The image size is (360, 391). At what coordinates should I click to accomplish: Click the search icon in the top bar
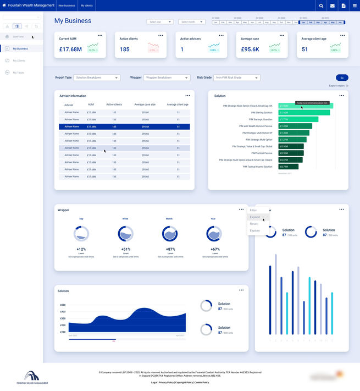[x=322, y=5]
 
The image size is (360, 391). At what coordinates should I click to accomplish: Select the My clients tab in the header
[x=87, y=5]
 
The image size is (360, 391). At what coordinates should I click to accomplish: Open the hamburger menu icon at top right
[x=355, y=5]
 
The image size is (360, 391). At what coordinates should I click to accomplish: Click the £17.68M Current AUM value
[x=70, y=49]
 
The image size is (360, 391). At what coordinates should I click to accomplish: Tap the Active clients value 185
[x=125, y=49]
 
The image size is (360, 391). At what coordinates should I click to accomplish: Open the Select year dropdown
[x=160, y=22]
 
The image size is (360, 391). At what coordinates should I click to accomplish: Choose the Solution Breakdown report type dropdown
[x=97, y=78]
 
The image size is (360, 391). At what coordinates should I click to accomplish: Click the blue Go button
[x=342, y=78]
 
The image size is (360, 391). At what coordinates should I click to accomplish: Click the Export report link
[x=338, y=86]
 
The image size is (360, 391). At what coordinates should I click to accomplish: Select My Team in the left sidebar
[x=18, y=73]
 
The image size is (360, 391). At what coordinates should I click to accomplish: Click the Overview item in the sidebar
[x=18, y=36]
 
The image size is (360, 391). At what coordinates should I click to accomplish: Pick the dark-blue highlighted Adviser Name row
[x=124, y=126]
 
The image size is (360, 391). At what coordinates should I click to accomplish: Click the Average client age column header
[x=178, y=104]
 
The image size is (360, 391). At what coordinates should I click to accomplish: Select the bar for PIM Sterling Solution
[x=304, y=113]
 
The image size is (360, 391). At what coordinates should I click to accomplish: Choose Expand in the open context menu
[x=255, y=217]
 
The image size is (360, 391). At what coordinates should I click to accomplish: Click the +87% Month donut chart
[x=169, y=234]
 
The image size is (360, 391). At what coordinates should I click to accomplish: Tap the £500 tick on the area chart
[x=63, y=305]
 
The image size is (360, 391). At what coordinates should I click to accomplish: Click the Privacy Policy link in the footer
[x=167, y=382]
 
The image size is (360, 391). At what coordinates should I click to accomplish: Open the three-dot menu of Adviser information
[x=187, y=96]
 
